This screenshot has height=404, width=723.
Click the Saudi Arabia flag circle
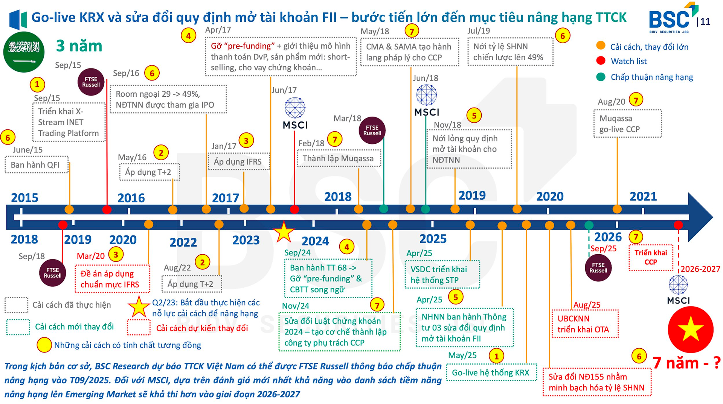click(x=24, y=52)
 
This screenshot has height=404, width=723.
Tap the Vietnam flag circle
click(x=690, y=329)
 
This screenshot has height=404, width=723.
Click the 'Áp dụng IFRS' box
click(x=238, y=162)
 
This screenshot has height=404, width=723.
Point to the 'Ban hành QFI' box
click(x=36, y=165)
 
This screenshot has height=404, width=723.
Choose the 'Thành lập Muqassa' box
click(x=339, y=158)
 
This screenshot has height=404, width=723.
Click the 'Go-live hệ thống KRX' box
click(x=491, y=372)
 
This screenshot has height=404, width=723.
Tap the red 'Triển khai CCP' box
click(x=651, y=257)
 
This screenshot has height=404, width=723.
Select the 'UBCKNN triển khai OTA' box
click(x=584, y=324)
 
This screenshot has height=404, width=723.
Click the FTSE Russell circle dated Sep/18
click(x=52, y=273)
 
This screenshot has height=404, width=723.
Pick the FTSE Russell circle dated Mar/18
click(x=372, y=131)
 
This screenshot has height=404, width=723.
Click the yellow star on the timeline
click(x=283, y=232)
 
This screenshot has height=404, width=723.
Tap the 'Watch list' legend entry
click(x=628, y=61)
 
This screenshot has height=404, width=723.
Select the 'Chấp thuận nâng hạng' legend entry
click(x=651, y=77)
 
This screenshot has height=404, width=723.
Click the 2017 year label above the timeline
click(x=225, y=198)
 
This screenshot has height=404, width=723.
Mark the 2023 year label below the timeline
click(x=246, y=240)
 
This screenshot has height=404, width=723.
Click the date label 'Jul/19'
click(x=478, y=31)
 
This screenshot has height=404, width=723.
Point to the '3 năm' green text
click(x=79, y=46)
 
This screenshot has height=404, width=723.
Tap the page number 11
click(x=705, y=22)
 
